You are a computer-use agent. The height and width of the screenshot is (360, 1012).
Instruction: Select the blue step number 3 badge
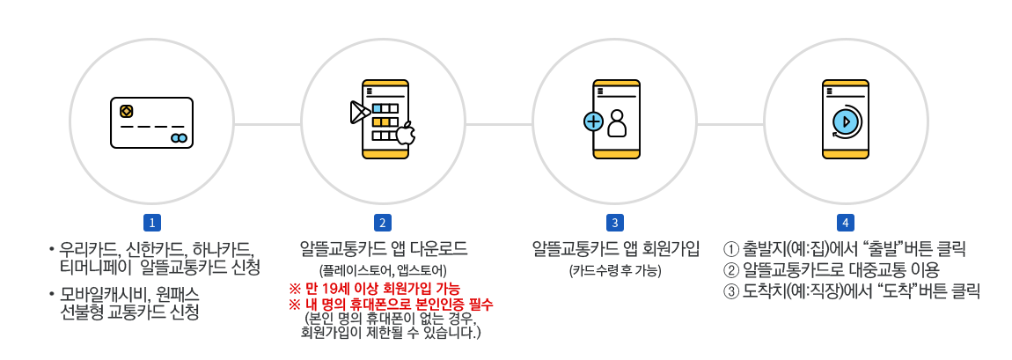click(614, 223)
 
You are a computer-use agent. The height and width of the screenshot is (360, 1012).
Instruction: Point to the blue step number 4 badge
click(846, 223)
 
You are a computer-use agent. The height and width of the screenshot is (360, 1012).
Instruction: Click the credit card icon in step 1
click(151, 122)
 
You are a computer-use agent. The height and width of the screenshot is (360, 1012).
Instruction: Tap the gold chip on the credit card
click(127, 111)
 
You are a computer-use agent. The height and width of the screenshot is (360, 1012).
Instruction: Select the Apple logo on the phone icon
click(406, 134)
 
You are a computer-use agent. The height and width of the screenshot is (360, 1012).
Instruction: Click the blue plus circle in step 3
click(593, 122)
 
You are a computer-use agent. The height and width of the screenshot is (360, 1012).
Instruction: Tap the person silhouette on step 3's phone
click(617, 123)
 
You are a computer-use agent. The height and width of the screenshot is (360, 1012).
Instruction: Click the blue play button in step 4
click(846, 121)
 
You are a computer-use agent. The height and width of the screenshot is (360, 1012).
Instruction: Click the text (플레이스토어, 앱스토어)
click(384, 269)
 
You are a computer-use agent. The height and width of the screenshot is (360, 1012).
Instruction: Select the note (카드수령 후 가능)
click(614, 269)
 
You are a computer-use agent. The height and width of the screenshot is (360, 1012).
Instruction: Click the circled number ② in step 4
click(730, 269)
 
